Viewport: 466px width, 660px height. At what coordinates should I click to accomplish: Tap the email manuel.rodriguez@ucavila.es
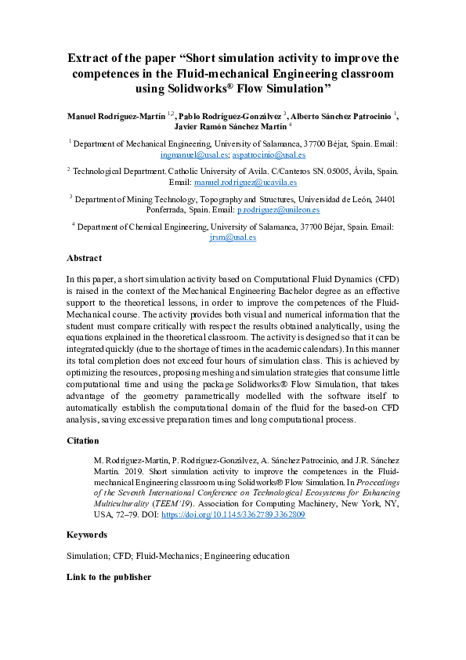pos(245,182)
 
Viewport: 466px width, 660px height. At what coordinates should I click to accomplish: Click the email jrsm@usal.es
pos(233,238)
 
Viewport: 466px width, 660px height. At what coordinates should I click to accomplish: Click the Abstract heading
pos(85,257)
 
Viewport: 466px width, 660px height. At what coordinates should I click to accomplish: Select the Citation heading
pos(84,441)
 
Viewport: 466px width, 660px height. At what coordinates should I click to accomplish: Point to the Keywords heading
pos(87,535)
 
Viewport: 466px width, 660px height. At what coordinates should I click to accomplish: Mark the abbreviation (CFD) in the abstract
pos(383,279)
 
